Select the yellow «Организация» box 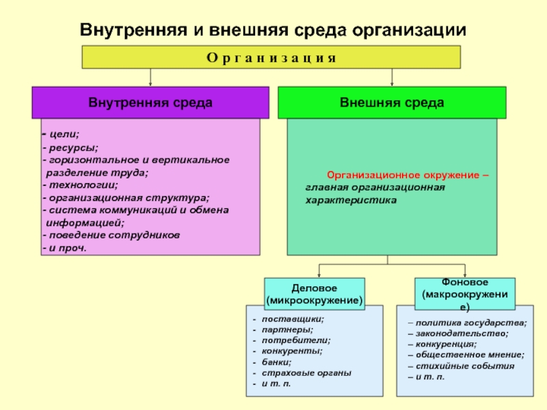coord(271,57)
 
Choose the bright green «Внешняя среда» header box coord(392,102)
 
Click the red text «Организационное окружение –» coord(408,175)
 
